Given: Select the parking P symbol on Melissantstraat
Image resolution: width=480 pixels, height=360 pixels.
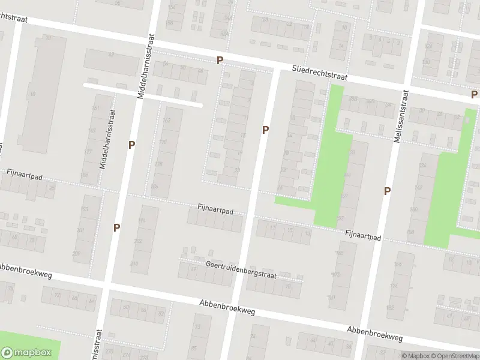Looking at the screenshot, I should tap(388, 191).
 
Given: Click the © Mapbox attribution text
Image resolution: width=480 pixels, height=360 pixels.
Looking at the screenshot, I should tap(415, 356).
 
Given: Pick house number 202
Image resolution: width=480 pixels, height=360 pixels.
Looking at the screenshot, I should tap(139, 241).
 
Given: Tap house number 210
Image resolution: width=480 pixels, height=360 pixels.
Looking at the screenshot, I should tap(134, 263).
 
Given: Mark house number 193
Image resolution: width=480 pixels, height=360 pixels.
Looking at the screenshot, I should tap(83, 209).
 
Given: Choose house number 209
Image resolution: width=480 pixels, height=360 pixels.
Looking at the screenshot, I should tap(77, 253).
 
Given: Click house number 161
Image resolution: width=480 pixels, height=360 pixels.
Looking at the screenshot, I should tap(95, 108).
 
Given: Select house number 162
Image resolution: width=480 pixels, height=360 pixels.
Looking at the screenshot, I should tap(167, 121).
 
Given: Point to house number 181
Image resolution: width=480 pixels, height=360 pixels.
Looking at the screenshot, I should tap(331, 298).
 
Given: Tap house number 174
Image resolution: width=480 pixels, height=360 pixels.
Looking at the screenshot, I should tap(394, 286).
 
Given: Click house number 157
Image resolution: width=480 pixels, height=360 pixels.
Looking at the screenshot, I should tap(341, 218).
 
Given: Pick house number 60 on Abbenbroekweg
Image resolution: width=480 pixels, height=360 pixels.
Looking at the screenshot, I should tap(126, 308).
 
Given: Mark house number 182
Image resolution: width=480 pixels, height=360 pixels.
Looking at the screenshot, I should tap(391, 308).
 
